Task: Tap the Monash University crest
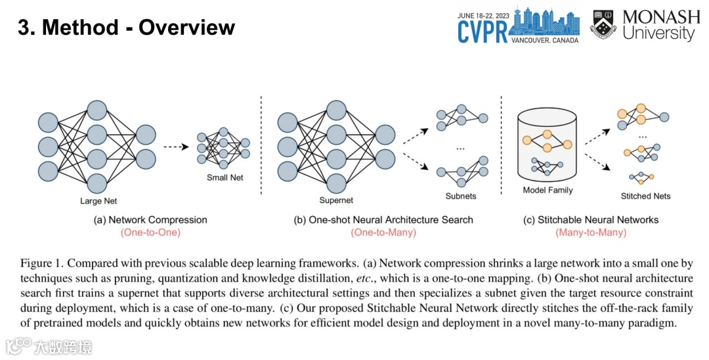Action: click(x=603, y=24)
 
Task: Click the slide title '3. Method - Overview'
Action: click(x=126, y=28)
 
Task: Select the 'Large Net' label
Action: click(x=98, y=200)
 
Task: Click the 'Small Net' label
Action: click(x=225, y=177)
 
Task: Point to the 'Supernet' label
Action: click(x=336, y=200)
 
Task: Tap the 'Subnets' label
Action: click(x=460, y=196)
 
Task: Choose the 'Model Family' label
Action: click(x=548, y=191)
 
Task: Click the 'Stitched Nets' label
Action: click(x=645, y=196)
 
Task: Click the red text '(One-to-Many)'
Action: click(x=383, y=233)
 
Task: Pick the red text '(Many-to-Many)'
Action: click(x=588, y=233)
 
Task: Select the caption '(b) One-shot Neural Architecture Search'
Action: click(x=383, y=219)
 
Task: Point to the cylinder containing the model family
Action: click(x=548, y=145)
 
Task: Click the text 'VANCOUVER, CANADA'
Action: click(x=544, y=41)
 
